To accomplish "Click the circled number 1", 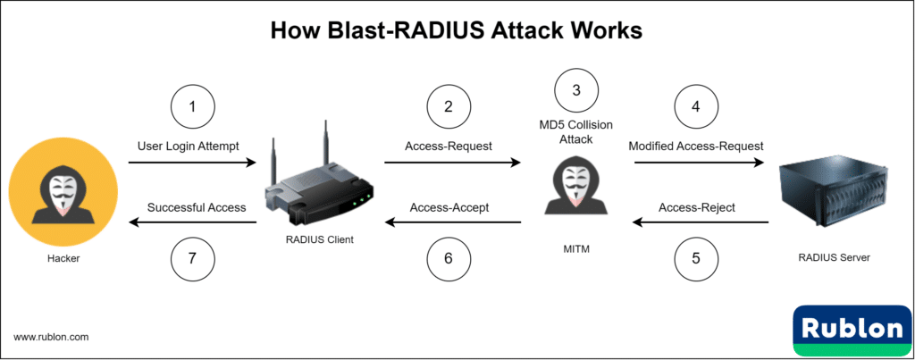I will [x=192, y=108].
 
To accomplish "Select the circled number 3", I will [x=576, y=90].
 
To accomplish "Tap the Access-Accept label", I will [x=449, y=207].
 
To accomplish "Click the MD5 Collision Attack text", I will [x=576, y=132].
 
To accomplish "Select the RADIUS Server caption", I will [x=834, y=257].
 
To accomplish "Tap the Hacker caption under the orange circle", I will [x=62, y=257].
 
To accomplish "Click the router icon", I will [x=319, y=182].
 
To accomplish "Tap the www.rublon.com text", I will [x=51, y=337].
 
